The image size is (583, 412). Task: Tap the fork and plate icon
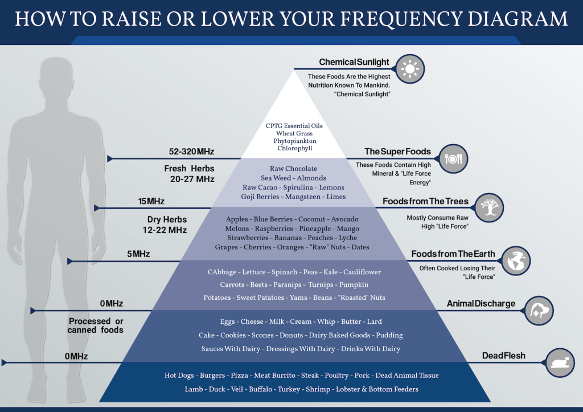pos(454,159)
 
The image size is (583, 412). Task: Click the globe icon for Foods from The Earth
pos(516,261)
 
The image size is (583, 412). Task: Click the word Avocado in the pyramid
pos(345,219)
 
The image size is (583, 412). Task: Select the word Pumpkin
pos(354,285)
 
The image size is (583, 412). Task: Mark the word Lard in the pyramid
pos(375,322)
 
